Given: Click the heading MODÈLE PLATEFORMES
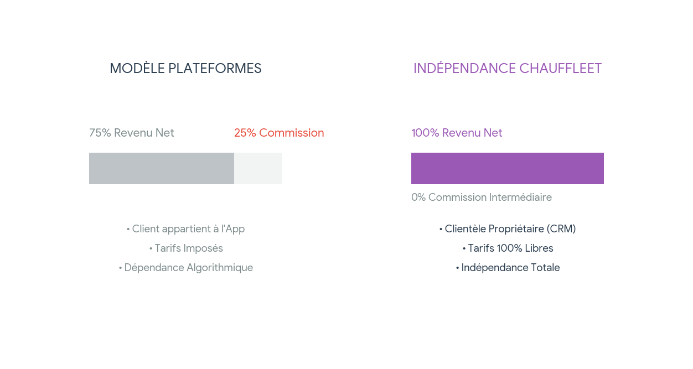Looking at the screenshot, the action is (185, 69).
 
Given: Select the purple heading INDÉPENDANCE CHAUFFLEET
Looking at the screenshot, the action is (508, 69).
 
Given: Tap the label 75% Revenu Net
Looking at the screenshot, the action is (132, 133).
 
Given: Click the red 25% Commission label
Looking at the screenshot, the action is (279, 133).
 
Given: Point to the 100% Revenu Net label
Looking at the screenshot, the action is (457, 133).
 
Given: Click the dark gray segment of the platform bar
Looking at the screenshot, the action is (162, 168).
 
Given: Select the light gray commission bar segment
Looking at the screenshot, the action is (258, 168).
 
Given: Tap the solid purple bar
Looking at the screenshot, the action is (508, 168).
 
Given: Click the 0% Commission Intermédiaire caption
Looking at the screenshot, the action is (482, 198).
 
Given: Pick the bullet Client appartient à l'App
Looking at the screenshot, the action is (185, 229).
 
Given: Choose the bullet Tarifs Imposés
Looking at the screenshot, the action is (186, 248).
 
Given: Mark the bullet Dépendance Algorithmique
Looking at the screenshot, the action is (185, 268).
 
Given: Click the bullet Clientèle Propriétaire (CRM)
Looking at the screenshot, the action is (508, 229).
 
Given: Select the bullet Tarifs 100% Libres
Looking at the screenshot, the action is (508, 248).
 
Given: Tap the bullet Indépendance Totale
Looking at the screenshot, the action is (508, 268).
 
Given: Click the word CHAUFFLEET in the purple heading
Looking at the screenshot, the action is (560, 69).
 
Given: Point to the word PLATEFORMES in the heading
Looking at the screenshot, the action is (215, 69).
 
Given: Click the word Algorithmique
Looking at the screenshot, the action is (220, 268).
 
